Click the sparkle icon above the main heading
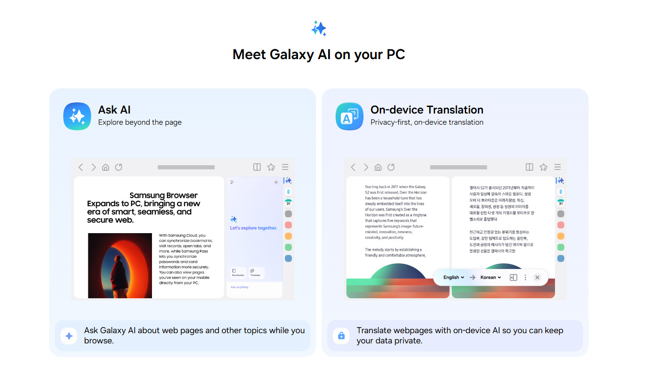click(319, 28)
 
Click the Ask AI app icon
click(77, 116)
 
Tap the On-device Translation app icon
click(350, 116)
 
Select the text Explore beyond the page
click(139, 122)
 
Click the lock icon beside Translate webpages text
click(341, 335)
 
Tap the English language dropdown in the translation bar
click(454, 277)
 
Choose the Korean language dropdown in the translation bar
click(491, 277)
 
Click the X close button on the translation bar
click(537, 277)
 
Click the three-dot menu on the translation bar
click(525, 277)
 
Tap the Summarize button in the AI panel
click(238, 273)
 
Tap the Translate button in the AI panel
click(255, 273)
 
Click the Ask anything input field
click(254, 288)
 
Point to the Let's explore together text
click(254, 228)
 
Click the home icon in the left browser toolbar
click(106, 167)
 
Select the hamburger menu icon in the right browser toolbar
click(557, 167)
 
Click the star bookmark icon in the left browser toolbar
click(271, 167)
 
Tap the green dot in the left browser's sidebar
click(288, 247)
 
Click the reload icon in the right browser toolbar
click(391, 167)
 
